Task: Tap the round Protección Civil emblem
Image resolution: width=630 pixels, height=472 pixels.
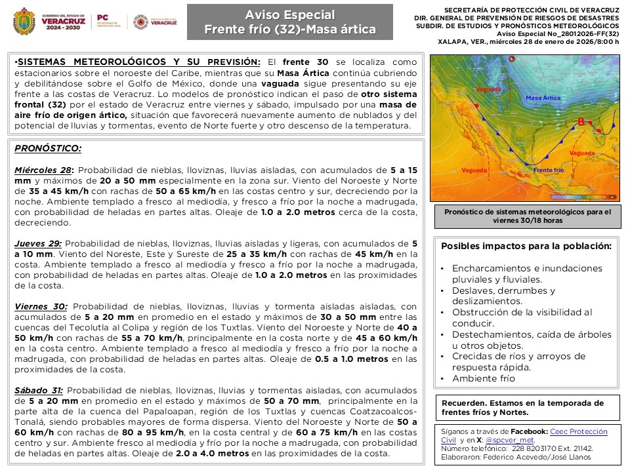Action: click(x=140, y=22)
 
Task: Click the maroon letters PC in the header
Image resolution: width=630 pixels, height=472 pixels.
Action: click(x=102, y=18)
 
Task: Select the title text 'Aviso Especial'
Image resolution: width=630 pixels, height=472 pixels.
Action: click(x=289, y=14)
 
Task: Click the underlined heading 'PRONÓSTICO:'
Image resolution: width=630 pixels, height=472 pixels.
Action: click(x=48, y=149)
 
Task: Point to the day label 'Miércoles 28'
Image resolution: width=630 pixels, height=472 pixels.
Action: click(x=43, y=169)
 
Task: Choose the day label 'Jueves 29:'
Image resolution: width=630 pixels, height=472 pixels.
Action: click(x=38, y=243)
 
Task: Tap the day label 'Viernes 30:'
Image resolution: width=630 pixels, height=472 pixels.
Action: click(x=41, y=306)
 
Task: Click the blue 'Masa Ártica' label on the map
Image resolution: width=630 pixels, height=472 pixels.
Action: click(x=543, y=98)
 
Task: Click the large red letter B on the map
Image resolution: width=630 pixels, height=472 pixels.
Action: click(x=580, y=121)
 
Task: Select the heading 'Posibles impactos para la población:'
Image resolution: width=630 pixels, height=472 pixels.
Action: click(x=526, y=246)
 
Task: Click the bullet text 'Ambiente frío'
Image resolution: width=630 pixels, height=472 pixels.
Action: click(x=484, y=378)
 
